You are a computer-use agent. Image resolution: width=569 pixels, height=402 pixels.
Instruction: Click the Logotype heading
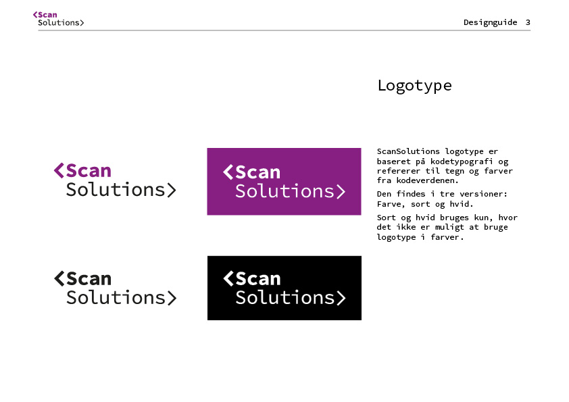pyautogui.click(x=414, y=86)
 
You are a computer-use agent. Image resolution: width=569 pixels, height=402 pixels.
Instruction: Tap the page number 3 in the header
pyautogui.click(x=528, y=22)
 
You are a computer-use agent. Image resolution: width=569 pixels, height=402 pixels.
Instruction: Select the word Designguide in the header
pyautogui.click(x=490, y=23)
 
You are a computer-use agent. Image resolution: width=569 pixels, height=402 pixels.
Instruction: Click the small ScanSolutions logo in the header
pyautogui.click(x=58, y=19)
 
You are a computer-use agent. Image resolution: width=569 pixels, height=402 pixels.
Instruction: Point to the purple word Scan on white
pyautogui.click(x=89, y=170)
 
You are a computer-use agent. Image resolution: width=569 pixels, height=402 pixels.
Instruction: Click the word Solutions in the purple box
pyautogui.click(x=284, y=191)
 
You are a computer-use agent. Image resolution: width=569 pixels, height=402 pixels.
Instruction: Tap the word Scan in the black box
pyautogui.click(x=258, y=278)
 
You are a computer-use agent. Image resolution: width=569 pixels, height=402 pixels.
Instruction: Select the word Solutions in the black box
pyautogui.click(x=285, y=297)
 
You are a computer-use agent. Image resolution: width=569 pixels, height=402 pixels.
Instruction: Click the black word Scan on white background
pyautogui.click(x=89, y=278)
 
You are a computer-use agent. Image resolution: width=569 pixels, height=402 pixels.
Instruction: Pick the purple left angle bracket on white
pyautogui.click(x=59, y=170)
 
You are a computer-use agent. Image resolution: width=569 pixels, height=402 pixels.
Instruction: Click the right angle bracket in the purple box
pyautogui.click(x=341, y=192)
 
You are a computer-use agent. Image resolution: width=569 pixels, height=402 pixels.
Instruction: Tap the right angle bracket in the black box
pyautogui.click(x=341, y=298)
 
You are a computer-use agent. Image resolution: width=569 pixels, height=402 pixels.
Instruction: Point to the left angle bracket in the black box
pyautogui.click(x=228, y=278)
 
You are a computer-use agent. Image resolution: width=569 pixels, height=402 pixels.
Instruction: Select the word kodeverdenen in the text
pyautogui.click(x=428, y=180)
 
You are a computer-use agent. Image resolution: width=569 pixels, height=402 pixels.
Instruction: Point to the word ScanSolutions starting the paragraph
pyautogui.click(x=408, y=151)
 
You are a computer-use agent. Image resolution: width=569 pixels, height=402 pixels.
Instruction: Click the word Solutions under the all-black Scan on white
pyautogui.click(x=116, y=297)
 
